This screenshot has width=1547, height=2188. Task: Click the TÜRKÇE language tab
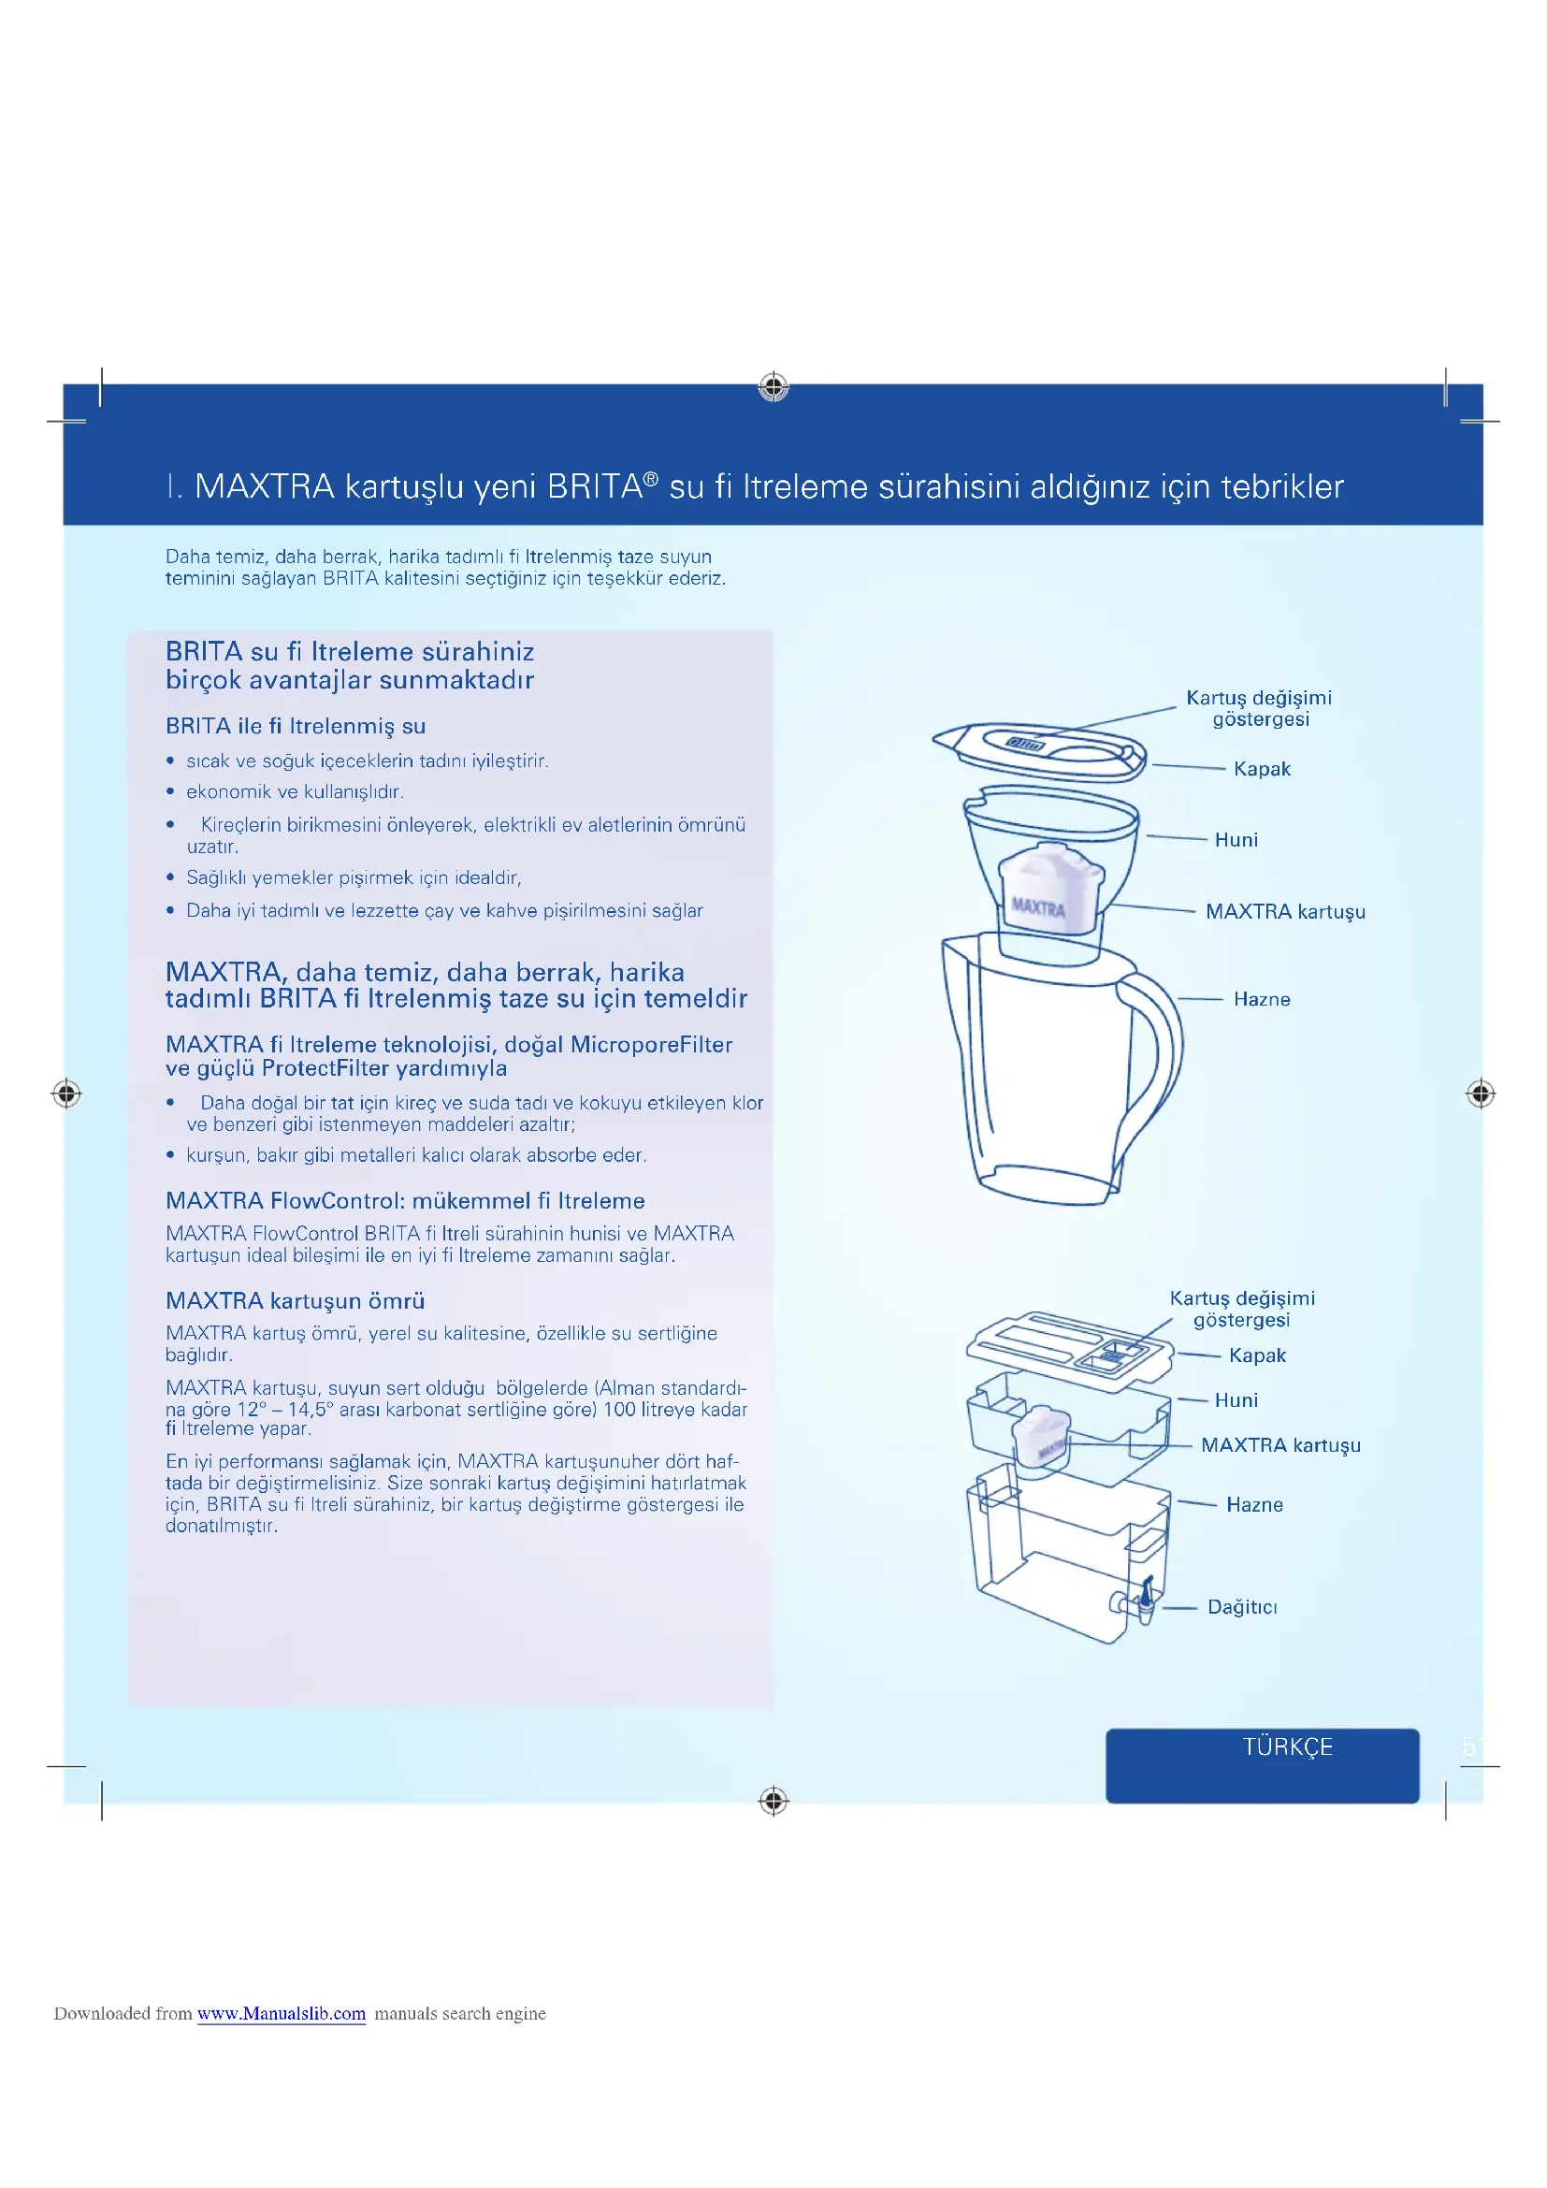click(x=1286, y=1746)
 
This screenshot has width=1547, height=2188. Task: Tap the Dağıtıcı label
click(x=1241, y=1607)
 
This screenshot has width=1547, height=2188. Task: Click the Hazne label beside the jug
click(x=1261, y=999)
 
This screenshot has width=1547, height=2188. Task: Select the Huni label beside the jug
click(x=1236, y=839)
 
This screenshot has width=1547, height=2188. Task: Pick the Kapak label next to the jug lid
click(x=1261, y=769)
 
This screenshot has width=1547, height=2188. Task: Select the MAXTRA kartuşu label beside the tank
click(x=1280, y=1444)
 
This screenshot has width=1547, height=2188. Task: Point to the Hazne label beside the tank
click(x=1253, y=1505)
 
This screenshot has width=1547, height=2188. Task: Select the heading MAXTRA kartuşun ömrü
click(x=296, y=1301)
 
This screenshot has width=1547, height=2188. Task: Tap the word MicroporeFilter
click(x=652, y=1045)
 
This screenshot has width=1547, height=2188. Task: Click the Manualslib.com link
click(x=281, y=2014)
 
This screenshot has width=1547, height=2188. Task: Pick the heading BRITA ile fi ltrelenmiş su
click(x=296, y=726)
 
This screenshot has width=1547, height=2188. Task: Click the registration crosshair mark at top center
click(x=773, y=387)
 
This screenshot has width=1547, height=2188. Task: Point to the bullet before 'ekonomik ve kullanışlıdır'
click(x=170, y=792)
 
